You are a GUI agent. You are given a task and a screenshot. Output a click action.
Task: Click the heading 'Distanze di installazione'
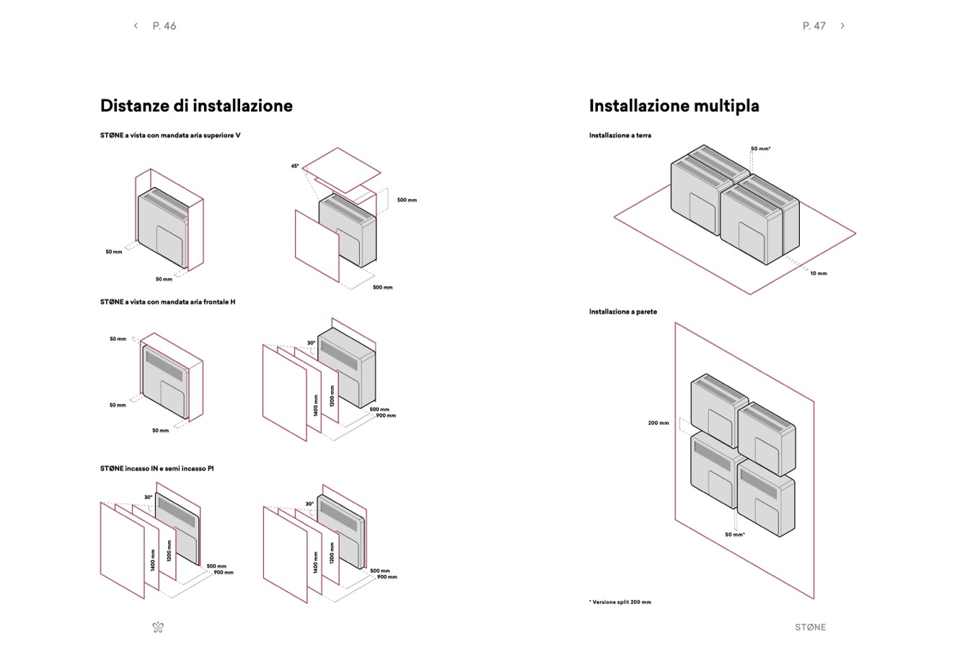tap(196, 106)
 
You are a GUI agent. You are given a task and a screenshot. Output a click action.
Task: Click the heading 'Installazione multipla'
tap(674, 106)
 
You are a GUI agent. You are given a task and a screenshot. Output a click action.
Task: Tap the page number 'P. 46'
tap(164, 26)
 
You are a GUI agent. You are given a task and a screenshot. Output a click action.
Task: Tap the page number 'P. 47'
tap(814, 26)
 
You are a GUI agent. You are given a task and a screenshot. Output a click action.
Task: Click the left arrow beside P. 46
tap(136, 26)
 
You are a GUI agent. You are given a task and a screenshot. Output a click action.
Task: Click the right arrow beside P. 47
tap(842, 26)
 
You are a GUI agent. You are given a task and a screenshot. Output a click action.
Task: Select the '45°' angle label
tap(295, 166)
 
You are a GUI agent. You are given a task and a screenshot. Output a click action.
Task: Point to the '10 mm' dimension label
tap(818, 273)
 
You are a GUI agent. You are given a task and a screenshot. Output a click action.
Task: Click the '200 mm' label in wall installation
tap(658, 423)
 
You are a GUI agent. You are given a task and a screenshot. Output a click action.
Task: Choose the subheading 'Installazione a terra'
tap(620, 136)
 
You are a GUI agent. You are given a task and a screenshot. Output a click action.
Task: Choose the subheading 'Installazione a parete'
tap(622, 312)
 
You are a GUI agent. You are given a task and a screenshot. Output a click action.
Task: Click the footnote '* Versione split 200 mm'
tap(620, 602)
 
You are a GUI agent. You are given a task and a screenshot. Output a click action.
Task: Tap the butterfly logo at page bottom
tap(159, 627)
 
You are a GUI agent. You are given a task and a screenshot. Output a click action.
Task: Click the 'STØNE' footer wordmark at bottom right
tap(810, 627)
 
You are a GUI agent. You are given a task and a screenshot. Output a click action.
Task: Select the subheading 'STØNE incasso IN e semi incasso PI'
tap(157, 469)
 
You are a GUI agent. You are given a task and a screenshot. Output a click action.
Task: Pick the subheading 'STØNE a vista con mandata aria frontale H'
tap(167, 302)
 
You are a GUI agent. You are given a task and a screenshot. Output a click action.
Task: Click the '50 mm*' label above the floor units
tap(760, 149)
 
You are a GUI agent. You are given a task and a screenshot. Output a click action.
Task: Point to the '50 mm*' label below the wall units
tap(734, 535)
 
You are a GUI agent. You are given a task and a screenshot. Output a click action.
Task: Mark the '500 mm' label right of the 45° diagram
tap(407, 200)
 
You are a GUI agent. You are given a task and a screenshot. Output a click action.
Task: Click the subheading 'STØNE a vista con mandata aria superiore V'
tap(170, 136)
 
